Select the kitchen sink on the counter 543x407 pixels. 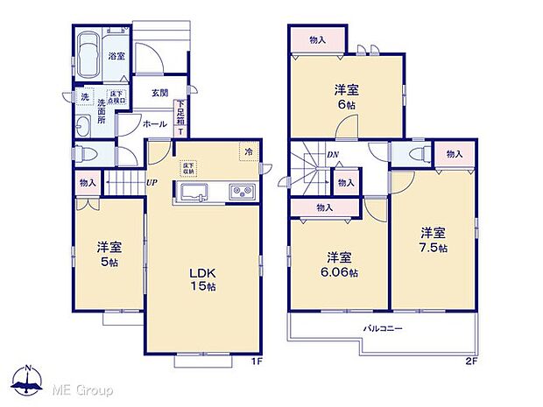click(x=192, y=193)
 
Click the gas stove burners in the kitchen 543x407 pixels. click(x=242, y=193)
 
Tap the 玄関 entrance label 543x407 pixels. click(x=159, y=93)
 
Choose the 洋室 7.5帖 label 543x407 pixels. click(x=434, y=240)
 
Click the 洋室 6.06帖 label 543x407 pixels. click(x=341, y=264)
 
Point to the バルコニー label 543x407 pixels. click(x=384, y=329)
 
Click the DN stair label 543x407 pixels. click(x=333, y=155)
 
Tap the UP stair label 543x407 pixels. click(x=152, y=182)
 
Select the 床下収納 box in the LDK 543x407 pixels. click(x=188, y=167)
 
